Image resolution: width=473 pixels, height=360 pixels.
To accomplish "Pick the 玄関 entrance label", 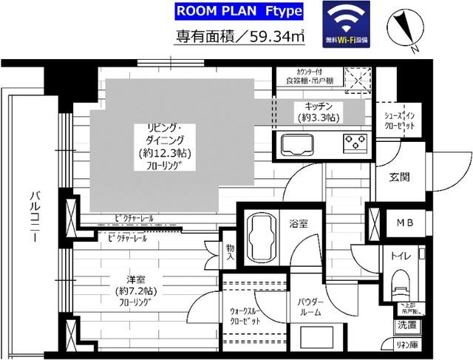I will coord(400,177).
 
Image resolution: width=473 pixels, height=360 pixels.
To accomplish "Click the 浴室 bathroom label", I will coord(299,221).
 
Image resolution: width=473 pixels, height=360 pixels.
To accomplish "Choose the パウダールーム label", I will coord(309,307).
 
